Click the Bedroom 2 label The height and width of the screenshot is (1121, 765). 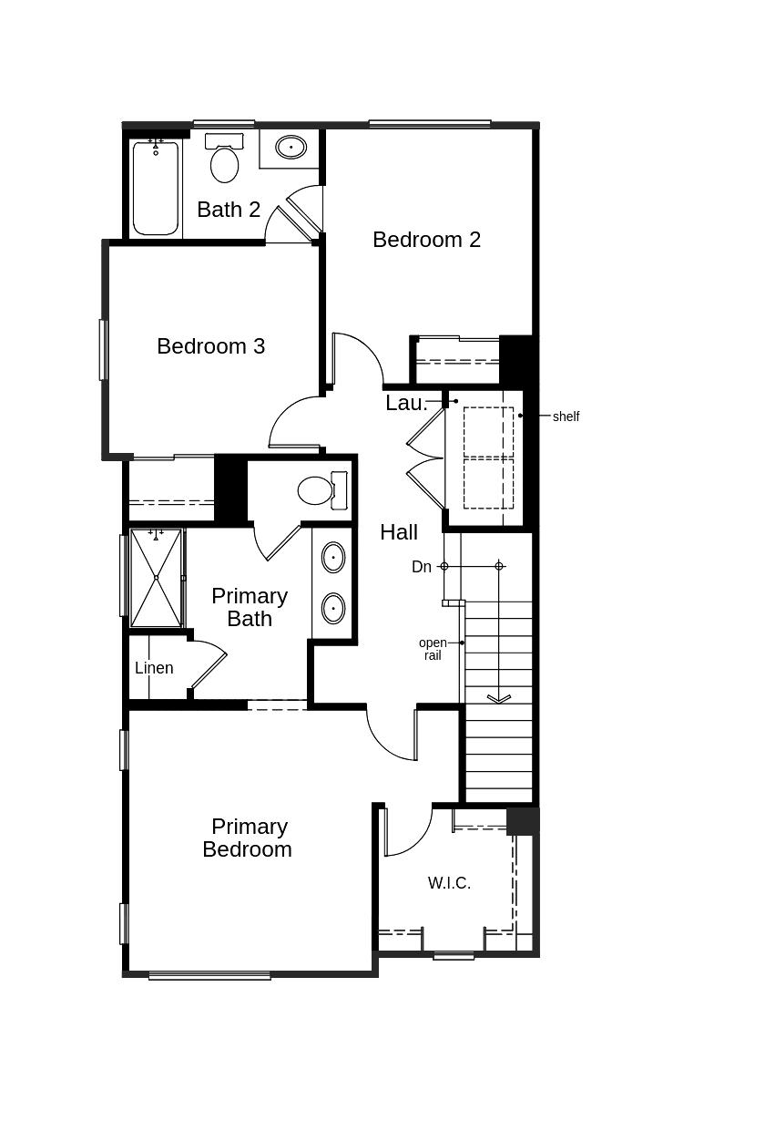click(426, 240)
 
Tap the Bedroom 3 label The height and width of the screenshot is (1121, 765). click(210, 346)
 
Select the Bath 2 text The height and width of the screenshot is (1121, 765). click(229, 210)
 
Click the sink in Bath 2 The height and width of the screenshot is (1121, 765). click(291, 147)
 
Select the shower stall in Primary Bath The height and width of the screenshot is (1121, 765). click(156, 578)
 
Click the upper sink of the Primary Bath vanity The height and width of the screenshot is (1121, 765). click(333, 557)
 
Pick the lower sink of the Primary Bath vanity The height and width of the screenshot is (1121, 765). click(333, 607)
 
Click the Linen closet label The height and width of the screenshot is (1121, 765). click(154, 668)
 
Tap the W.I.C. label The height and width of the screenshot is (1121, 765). click(449, 883)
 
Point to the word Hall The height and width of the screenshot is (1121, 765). click(399, 532)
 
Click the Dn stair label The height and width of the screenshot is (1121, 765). click(422, 567)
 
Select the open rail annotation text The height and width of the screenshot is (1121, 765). click(433, 649)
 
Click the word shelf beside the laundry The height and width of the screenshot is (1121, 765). click(566, 417)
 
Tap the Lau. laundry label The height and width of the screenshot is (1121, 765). click(406, 403)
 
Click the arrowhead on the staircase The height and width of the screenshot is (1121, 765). click(498, 699)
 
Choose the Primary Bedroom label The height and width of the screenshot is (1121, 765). click(248, 838)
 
